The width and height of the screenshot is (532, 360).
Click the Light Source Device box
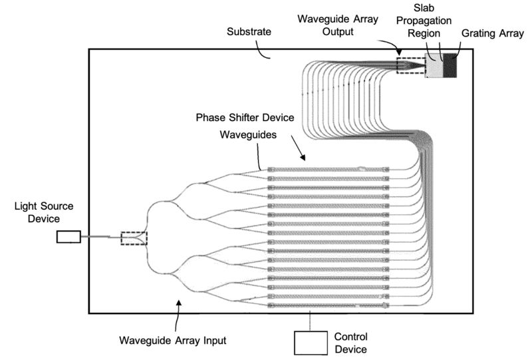tap(68, 236)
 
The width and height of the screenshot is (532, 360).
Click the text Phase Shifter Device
tap(245, 117)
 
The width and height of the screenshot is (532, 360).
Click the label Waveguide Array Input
tap(173, 340)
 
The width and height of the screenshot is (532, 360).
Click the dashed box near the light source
tap(133, 238)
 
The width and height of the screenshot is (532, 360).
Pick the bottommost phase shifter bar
tap(327, 305)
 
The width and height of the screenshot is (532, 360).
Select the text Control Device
tap(350, 342)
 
